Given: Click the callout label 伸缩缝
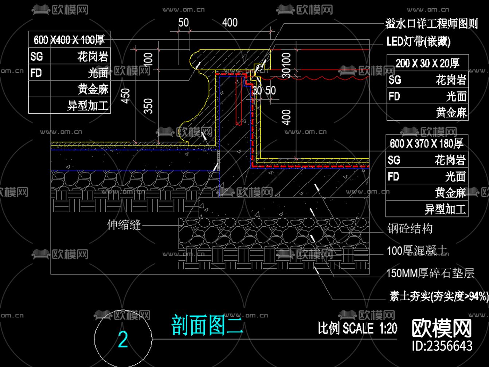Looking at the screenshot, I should (124, 225).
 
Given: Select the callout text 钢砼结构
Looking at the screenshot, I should (410, 229).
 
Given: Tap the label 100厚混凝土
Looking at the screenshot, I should (417, 251).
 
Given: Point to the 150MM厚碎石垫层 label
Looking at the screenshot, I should (430, 273).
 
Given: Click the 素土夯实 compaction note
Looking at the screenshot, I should (438, 296).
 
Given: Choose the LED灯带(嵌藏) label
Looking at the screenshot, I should (418, 42).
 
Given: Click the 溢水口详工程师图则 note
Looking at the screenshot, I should (431, 24).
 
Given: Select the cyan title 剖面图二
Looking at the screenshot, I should (207, 325).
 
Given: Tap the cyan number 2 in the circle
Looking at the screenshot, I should (123, 340).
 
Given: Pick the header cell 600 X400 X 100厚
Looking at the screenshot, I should (69, 39).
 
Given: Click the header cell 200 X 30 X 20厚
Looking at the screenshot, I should (427, 63).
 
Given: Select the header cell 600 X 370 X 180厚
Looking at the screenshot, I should (426, 143).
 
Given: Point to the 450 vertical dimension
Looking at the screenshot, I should (126, 95).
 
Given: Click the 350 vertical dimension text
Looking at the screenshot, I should (148, 106).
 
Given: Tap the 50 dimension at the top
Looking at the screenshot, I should (183, 23).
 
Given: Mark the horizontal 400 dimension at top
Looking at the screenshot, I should (230, 23).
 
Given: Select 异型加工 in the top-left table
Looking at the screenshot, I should (88, 106).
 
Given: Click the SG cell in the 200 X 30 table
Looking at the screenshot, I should (395, 80).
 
